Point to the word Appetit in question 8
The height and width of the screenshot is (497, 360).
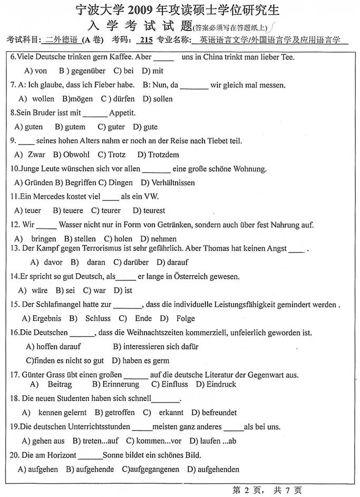click(122, 112)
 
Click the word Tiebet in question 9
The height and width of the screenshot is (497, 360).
click(220, 141)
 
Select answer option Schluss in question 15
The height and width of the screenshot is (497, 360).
click(98, 318)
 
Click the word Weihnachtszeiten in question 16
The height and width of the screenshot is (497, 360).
click(141, 333)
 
